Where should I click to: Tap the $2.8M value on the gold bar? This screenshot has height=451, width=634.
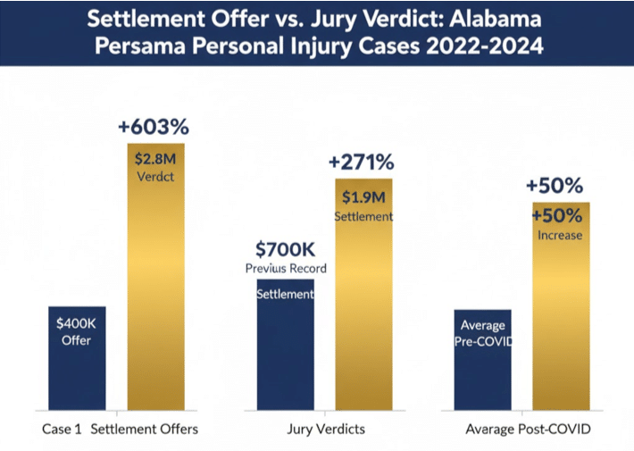tap(155, 159)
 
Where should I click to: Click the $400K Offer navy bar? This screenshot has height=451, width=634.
tap(76, 357)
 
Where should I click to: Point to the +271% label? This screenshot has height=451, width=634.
tap(362, 163)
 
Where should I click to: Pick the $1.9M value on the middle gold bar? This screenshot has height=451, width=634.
tap(363, 198)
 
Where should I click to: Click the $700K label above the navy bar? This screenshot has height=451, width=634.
tap(286, 249)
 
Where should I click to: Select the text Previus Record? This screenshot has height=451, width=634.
tap(286, 268)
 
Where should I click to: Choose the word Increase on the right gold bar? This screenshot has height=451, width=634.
tap(560, 236)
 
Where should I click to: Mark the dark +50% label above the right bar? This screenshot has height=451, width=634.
tap(555, 186)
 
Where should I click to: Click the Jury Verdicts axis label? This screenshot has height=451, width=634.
tap(326, 430)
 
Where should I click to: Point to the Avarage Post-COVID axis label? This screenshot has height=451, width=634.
tap(528, 430)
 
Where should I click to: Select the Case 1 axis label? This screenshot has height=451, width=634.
tap(62, 430)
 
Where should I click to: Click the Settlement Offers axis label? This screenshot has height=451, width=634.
tap(145, 430)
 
